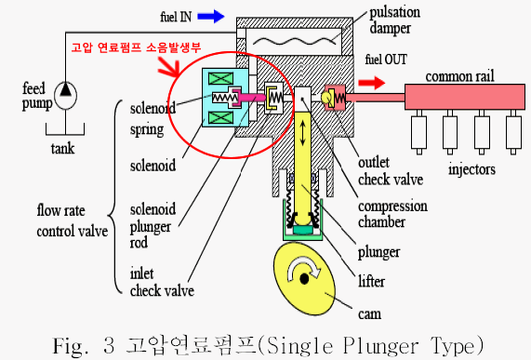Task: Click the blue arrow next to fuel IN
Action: [211, 16]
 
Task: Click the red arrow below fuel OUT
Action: [371, 83]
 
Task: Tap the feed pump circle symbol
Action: [65, 95]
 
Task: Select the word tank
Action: [62, 149]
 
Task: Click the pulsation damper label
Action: [395, 20]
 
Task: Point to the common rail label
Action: [459, 76]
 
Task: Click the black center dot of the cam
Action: [304, 279]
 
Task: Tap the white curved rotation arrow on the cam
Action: [303, 268]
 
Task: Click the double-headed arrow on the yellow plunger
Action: [303, 133]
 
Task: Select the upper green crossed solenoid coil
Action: [220, 78]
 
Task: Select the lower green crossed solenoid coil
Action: [220, 118]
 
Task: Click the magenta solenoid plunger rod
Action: [252, 98]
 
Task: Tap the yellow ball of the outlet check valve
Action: [326, 98]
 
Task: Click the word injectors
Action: [471, 169]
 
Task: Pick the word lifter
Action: [371, 281]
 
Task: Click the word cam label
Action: [369, 314]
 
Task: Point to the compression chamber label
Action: [392, 214]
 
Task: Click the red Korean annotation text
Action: [136, 47]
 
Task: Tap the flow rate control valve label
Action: [73, 220]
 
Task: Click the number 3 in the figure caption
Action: [109, 345]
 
